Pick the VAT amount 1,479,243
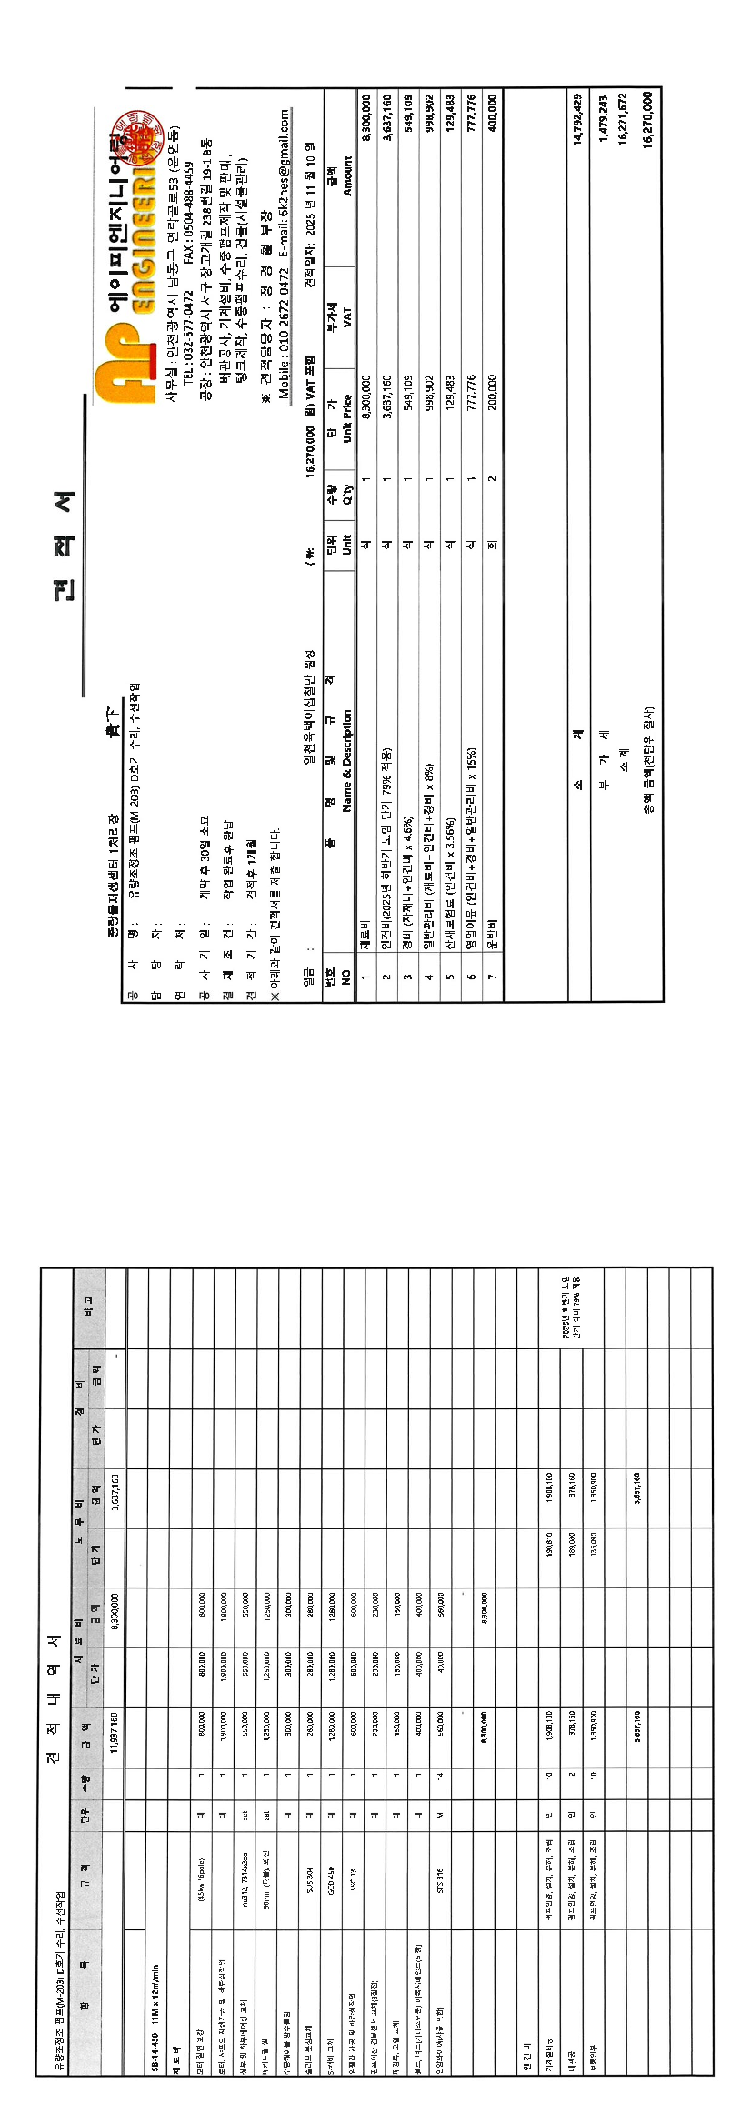coord(602,118)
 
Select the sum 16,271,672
coord(623,118)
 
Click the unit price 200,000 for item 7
coord(493,393)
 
